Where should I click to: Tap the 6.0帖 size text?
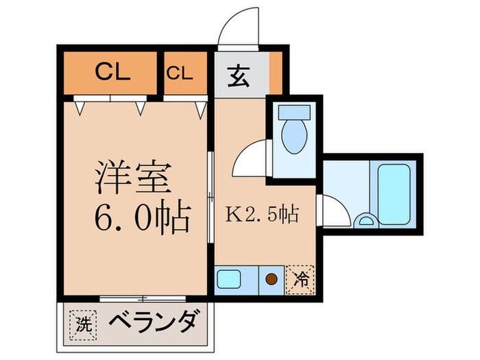click(141, 218)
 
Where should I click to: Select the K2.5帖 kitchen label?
click(261, 214)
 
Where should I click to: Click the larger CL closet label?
click(112, 71)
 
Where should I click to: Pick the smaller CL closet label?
click(183, 72)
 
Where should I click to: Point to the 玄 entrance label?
click(239, 72)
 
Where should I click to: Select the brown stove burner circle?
click(271, 279)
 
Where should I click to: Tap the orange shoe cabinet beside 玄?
click(275, 72)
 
